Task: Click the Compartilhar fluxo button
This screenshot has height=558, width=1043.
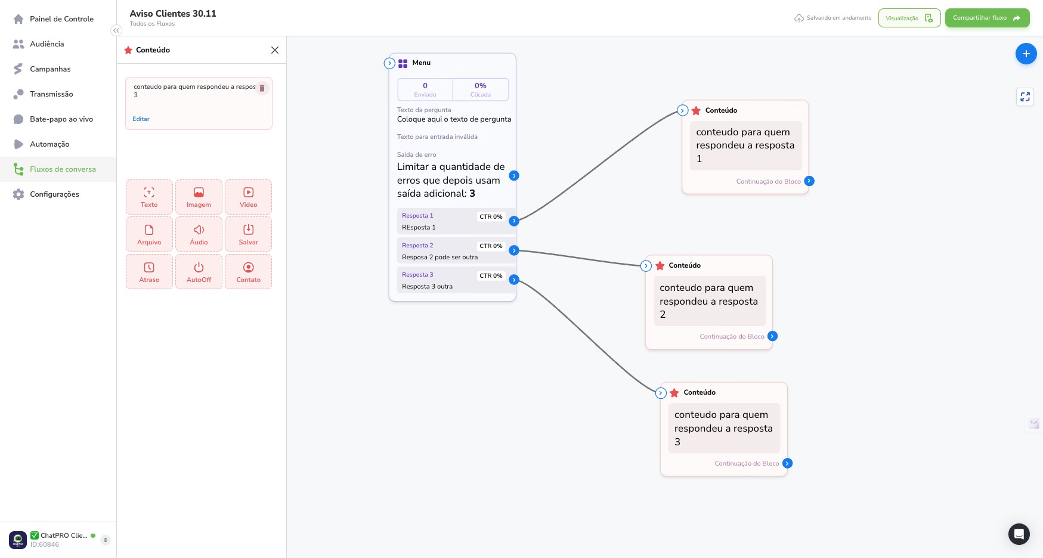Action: (x=987, y=18)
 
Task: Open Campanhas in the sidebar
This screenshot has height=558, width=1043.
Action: (x=50, y=69)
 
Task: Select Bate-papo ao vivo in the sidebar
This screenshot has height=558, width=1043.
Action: (x=61, y=119)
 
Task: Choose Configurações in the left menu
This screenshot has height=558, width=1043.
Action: (x=54, y=194)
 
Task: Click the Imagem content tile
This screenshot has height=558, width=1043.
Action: (x=199, y=197)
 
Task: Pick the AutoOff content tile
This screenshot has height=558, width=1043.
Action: (x=199, y=272)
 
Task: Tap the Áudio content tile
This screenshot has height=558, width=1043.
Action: (x=199, y=234)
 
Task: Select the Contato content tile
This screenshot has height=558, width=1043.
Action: (x=249, y=272)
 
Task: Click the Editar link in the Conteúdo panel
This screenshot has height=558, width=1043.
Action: (x=141, y=119)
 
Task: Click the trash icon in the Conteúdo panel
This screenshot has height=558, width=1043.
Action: (x=262, y=88)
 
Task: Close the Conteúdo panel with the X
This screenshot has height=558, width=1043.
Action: (x=275, y=50)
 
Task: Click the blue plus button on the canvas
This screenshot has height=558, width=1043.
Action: (x=1026, y=54)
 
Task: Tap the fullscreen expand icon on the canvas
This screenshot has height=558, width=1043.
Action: (x=1025, y=97)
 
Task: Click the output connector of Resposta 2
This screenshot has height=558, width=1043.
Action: (x=514, y=250)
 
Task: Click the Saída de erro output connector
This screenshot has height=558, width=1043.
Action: (x=514, y=176)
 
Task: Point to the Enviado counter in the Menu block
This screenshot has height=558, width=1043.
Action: (x=425, y=89)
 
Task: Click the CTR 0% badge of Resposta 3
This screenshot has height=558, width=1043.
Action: (x=491, y=276)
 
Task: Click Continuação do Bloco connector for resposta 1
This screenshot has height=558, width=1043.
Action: (x=809, y=181)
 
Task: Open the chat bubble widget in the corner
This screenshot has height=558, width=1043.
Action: (x=1019, y=534)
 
